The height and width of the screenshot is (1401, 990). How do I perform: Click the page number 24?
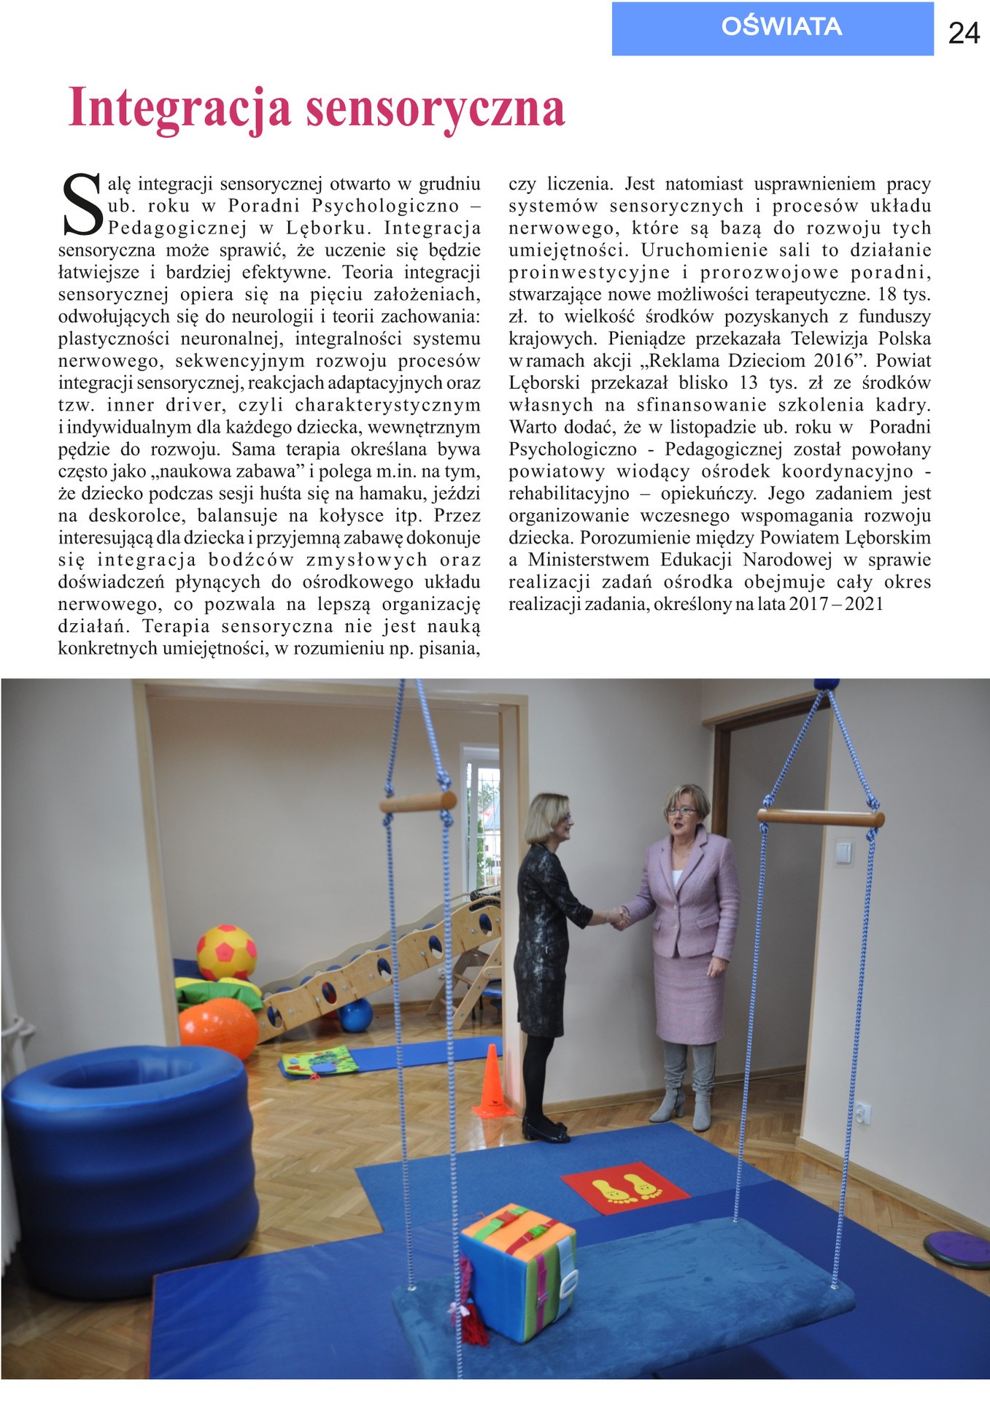(x=963, y=33)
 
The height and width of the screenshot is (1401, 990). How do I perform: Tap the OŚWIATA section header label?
(x=781, y=27)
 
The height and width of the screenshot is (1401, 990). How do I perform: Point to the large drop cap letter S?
(x=82, y=205)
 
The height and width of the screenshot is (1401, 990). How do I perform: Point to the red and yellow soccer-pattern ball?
(x=227, y=952)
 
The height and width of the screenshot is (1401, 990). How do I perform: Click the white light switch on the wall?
(x=843, y=852)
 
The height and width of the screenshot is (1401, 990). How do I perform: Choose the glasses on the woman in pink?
(x=680, y=810)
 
